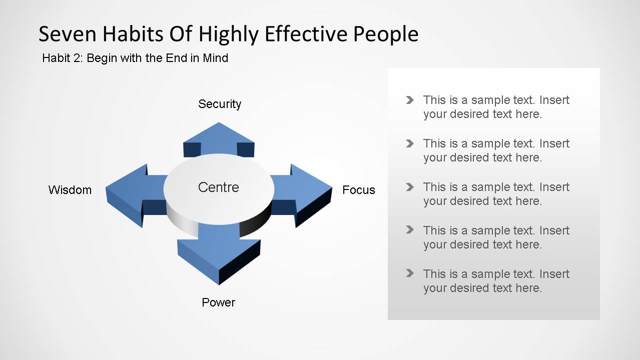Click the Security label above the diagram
click(x=220, y=104)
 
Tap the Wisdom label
click(x=70, y=190)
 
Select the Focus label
click(x=358, y=190)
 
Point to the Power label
click(x=218, y=302)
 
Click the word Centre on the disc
click(x=219, y=187)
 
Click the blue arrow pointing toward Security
click(x=219, y=136)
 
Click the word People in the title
click(x=386, y=34)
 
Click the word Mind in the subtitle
click(x=216, y=58)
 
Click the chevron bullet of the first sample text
click(x=410, y=100)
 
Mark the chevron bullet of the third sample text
click(x=410, y=187)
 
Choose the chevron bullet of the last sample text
click(x=410, y=273)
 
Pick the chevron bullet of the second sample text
click(x=410, y=143)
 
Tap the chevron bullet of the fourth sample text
click(x=410, y=230)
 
